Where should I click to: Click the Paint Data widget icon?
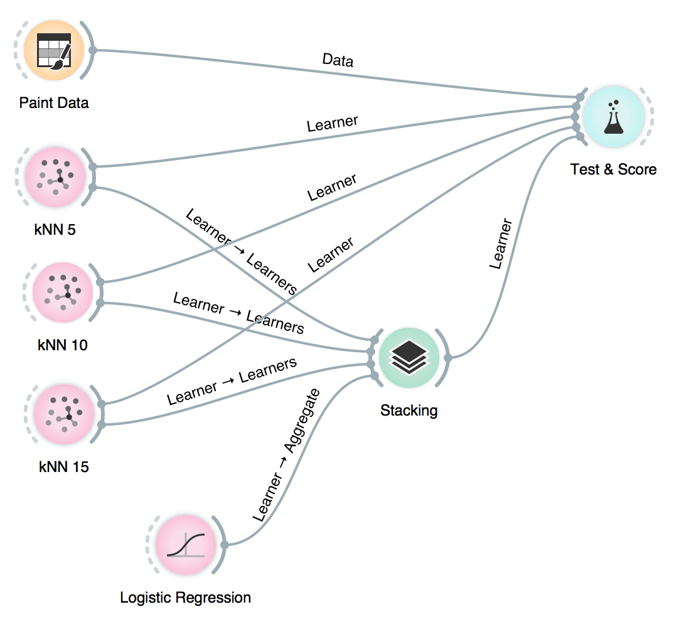[53, 51]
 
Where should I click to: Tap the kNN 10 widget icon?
[63, 293]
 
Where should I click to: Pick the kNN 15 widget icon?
[63, 414]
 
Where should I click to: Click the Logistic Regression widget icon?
[185, 545]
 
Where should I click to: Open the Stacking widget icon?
[409, 358]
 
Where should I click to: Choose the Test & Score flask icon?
[613, 117]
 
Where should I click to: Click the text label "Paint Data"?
[54, 102]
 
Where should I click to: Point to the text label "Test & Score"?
[613, 169]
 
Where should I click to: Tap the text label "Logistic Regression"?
[185, 598]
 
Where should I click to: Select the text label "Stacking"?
[409, 411]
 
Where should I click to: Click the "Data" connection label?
[338, 60]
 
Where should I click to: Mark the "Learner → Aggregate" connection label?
[286, 456]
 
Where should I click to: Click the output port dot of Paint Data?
[92, 50]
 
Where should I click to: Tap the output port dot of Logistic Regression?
[224, 544]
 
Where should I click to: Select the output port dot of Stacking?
[447, 358]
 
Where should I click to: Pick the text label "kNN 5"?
[55, 229]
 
